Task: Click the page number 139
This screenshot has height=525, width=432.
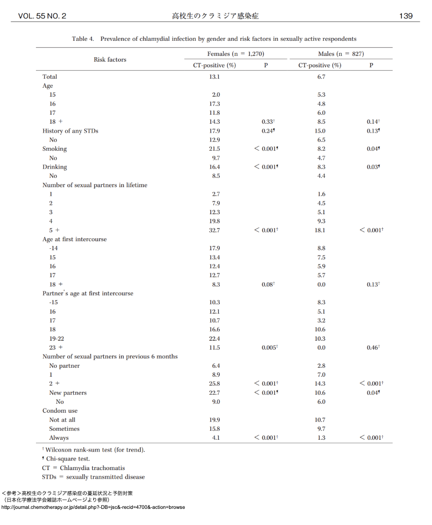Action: click(x=405, y=16)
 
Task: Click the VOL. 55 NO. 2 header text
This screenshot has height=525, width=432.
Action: click(x=42, y=16)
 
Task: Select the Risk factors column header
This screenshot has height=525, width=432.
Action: click(x=110, y=59)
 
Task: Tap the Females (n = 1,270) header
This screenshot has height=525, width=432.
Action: click(x=235, y=54)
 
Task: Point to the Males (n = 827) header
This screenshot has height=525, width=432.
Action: click(x=341, y=54)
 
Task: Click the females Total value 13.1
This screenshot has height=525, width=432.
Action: click(x=215, y=77)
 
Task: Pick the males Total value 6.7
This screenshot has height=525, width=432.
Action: click(x=321, y=77)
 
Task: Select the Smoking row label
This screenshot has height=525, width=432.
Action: click(x=54, y=149)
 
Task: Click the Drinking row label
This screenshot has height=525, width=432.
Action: click(x=54, y=167)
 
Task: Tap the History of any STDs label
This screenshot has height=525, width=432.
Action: click(x=70, y=131)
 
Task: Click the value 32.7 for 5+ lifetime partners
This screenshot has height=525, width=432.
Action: click(x=215, y=230)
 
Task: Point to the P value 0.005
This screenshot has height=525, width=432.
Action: click(x=270, y=348)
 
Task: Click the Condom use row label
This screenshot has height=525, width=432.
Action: click(x=60, y=411)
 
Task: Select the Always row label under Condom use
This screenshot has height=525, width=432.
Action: click(x=59, y=438)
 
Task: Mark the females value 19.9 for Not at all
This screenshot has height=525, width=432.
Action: click(x=215, y=420)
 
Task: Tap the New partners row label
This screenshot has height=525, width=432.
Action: click(x=68, y=393)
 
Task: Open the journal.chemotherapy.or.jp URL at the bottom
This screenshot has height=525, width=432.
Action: click(x=93, y=507)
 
